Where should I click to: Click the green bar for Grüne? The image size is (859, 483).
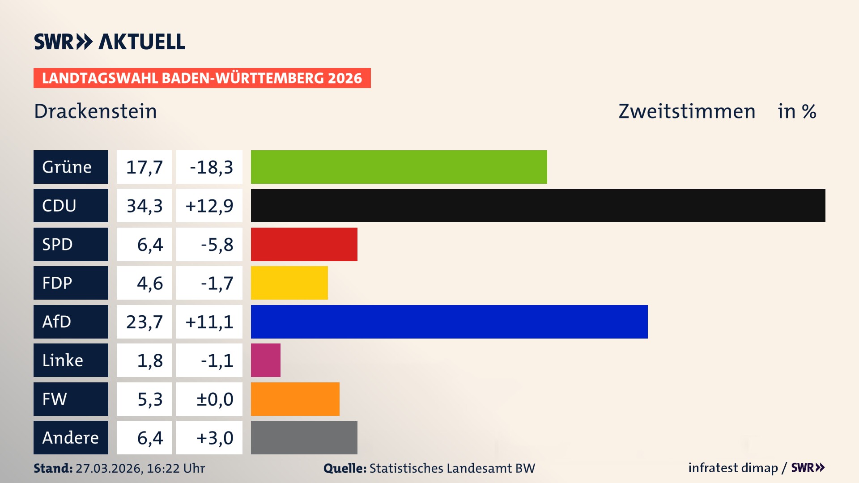(399, 167)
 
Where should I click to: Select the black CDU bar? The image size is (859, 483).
(538, 205)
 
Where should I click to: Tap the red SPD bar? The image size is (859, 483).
(304, 244)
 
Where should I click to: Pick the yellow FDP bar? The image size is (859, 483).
(289, 283)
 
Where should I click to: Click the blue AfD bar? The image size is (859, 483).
(449, 322)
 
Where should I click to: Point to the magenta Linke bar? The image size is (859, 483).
(265, 360)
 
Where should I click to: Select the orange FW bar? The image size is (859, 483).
(295, 399)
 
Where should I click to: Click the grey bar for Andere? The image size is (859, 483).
(304, 437)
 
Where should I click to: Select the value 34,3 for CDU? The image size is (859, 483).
(144, 206)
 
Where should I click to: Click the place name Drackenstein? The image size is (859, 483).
(95, 111)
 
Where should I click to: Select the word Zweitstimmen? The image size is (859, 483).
(686, 111)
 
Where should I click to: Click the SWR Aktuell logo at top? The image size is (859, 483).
(109, 42)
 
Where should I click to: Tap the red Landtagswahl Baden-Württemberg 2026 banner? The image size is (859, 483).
(202, 78)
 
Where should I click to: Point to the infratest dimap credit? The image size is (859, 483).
(732, 468)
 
